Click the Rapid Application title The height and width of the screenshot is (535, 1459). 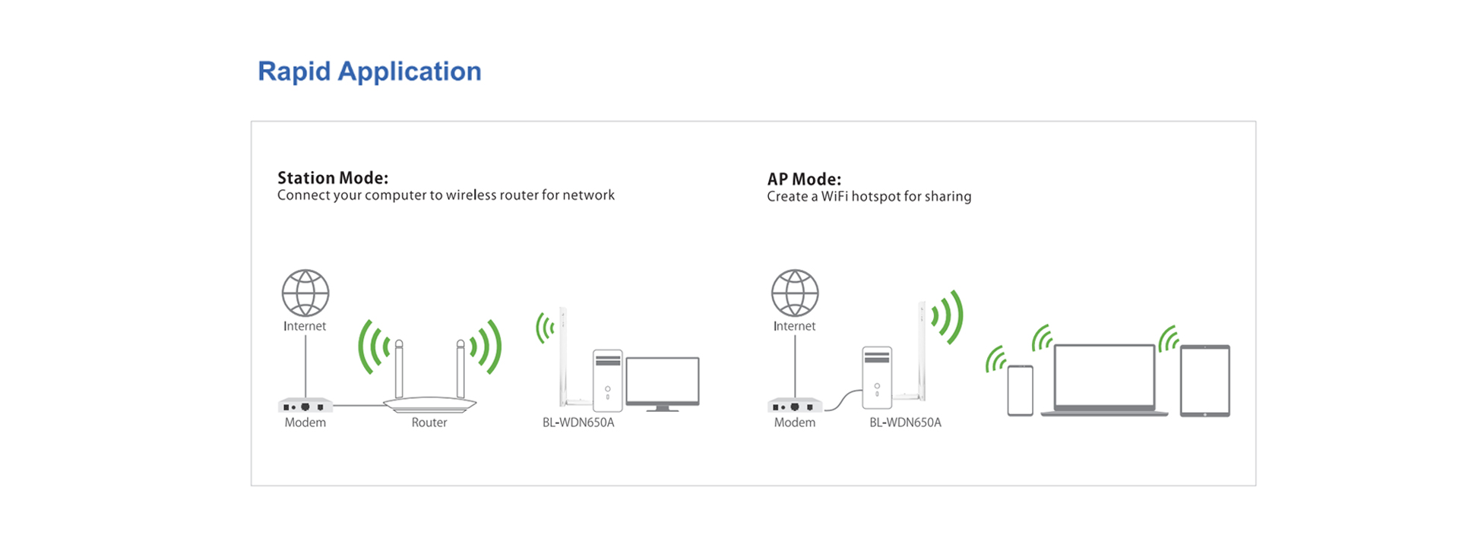click(369, 71)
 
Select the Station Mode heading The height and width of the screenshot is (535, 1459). click(333, 178)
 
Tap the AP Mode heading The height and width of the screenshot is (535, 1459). click(804, 179)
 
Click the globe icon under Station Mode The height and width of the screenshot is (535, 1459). click(305, 293)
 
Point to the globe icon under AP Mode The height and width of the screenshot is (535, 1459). click(795, 293)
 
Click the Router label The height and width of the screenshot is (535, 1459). click(429, 423)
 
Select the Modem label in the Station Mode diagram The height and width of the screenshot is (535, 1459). click(305, 423)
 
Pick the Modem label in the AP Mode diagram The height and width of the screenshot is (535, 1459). click(795, 423)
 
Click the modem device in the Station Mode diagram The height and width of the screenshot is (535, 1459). click(305, 405)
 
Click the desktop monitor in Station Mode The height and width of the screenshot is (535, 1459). click(662, 384)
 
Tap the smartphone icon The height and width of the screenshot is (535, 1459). click(1021, 391)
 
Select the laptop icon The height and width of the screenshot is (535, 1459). click(1104, 380)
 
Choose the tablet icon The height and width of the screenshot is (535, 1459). click(1205, 381)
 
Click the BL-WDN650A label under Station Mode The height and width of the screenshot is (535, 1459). click(578, 423)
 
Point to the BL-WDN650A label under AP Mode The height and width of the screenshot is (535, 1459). click(905, 423)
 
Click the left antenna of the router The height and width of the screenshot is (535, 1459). click(399, 369)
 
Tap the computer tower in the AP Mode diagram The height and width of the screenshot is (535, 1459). click(877, 377)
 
